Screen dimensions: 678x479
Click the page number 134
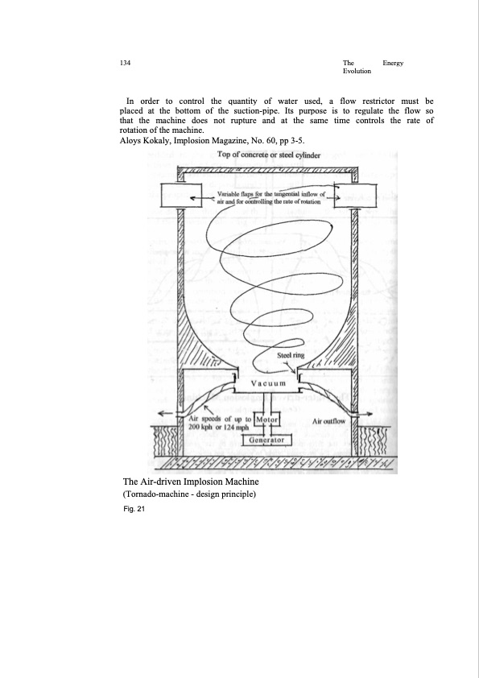pos(124,63)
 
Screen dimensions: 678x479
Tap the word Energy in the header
pos(394,63)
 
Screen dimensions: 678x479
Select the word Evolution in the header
pos(357,72)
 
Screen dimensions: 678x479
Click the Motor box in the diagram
pos(266,420)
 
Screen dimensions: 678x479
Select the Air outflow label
pos(328,420)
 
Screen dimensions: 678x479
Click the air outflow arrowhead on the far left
pos(163,412)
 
